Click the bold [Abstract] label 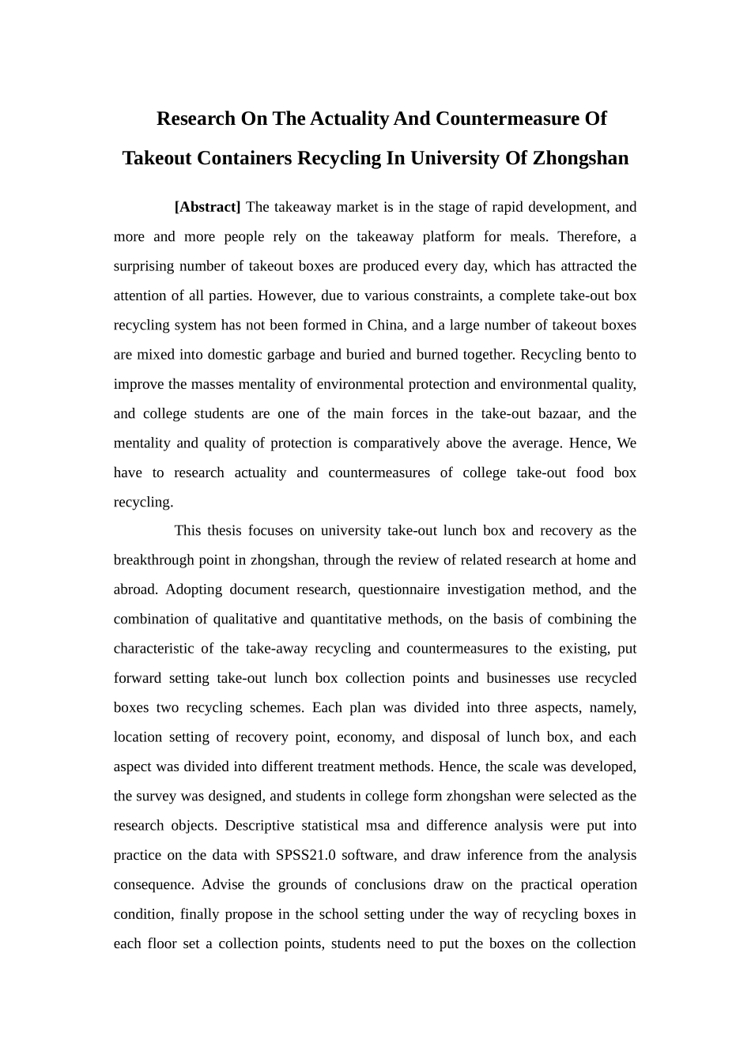tap(207, 207)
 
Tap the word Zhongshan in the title tap(580, 158)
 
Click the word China tap(385, 325)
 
